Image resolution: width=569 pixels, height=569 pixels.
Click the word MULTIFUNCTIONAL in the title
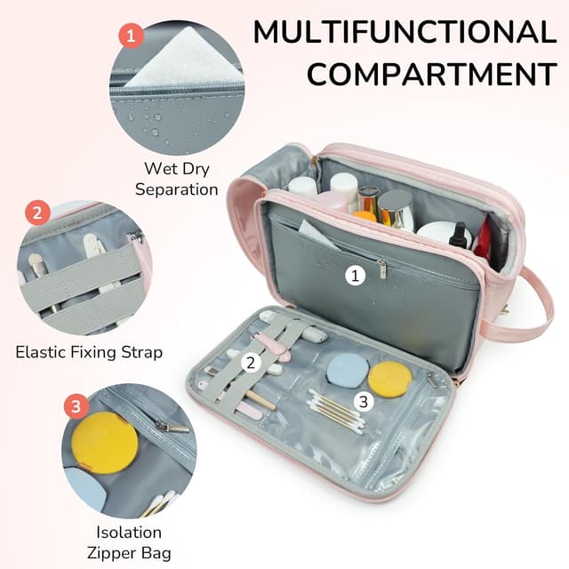(404, 32)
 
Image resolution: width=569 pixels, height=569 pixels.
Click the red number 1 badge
(132, 36)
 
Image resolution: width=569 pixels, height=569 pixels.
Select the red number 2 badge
(36, 213)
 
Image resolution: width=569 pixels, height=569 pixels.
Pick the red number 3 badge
(76, 407)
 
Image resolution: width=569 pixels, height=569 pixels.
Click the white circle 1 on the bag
(356, 276)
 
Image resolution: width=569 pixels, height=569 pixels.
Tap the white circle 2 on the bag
(251, 361)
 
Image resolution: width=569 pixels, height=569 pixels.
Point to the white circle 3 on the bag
(362, 401)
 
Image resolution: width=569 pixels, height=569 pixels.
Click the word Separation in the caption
(177, 188)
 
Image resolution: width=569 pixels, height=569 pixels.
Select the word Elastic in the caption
(40, 352)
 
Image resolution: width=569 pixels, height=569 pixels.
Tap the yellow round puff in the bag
(390, 379)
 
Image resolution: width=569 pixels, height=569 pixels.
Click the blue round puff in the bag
(342, 371)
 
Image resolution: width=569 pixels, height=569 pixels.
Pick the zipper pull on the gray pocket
(381, 267)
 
